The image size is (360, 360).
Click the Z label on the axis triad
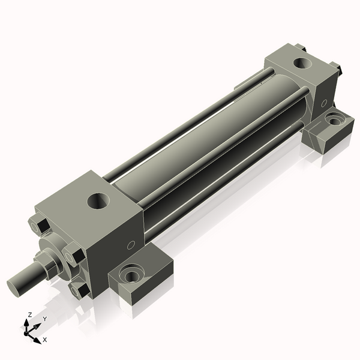click(29, 315)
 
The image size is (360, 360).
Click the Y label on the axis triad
click(45, 319)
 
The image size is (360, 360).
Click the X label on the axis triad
click(45, 340)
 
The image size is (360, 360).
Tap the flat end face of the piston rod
click(14, 287)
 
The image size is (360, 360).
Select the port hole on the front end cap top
click(98, 201)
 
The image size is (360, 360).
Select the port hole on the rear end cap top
click(303, 63)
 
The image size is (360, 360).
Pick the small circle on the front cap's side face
click(131, 245)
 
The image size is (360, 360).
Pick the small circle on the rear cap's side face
click(324, 103)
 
